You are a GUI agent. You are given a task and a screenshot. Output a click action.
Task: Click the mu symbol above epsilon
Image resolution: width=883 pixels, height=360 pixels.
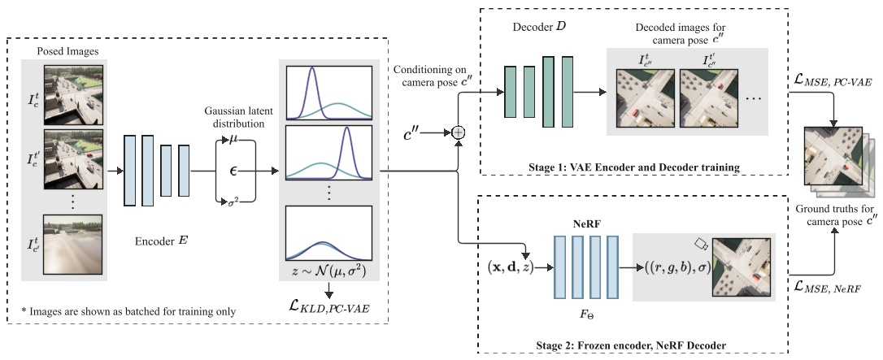tap(235, 139)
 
